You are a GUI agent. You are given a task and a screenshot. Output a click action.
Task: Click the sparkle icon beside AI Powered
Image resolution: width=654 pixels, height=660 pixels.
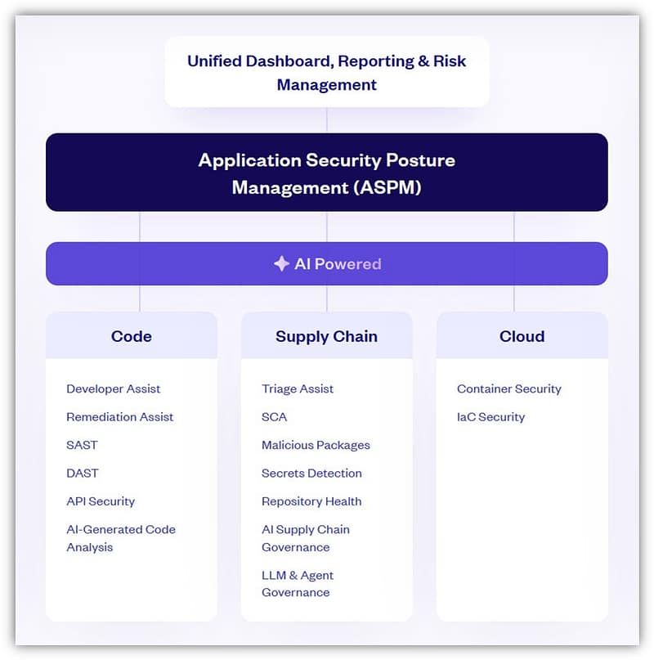pos(281,264)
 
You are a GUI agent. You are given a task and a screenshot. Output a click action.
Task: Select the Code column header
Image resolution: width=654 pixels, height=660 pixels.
pos(132,336)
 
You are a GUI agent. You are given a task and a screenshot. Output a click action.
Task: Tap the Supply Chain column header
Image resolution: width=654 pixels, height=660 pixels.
pos(326,337)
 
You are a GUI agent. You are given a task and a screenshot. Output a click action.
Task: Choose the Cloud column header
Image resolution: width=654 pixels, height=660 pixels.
pos(522,336)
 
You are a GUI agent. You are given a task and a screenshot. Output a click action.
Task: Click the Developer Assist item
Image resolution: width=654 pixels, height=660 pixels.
pos(113,388)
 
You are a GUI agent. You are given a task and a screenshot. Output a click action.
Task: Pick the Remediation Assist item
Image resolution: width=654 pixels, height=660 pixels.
pos(120,417)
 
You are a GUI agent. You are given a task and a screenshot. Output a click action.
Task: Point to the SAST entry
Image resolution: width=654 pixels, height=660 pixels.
pos(82,445)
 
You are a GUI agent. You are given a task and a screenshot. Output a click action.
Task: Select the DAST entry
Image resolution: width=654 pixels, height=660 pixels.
pos(83,473)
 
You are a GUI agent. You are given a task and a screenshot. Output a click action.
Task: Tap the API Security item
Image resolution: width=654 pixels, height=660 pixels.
pos(101,501)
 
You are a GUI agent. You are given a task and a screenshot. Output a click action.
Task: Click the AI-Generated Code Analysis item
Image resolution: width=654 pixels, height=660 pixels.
pos(121,538)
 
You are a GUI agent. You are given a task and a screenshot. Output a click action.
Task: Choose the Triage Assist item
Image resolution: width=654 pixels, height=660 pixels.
pos(298,388)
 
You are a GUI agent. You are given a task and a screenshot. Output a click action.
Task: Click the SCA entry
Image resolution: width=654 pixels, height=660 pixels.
pos(275,417)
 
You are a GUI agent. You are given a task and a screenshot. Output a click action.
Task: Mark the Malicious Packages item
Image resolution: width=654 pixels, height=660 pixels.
pos(316,445)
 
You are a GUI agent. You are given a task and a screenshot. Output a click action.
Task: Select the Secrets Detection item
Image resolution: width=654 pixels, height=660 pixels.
pos(311,473)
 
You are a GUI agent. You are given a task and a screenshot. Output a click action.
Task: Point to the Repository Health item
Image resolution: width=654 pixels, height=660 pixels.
pos(311,501)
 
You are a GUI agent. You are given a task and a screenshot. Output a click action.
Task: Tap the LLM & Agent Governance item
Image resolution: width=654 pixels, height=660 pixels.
pos(298,583)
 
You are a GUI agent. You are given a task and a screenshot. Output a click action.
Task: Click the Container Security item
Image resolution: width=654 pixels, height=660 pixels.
pos(509,388)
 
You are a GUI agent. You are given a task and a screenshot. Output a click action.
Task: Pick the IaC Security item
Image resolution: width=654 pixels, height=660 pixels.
pos(490,417)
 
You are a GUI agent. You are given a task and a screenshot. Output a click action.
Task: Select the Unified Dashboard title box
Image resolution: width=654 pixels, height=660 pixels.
pos(326,72)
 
